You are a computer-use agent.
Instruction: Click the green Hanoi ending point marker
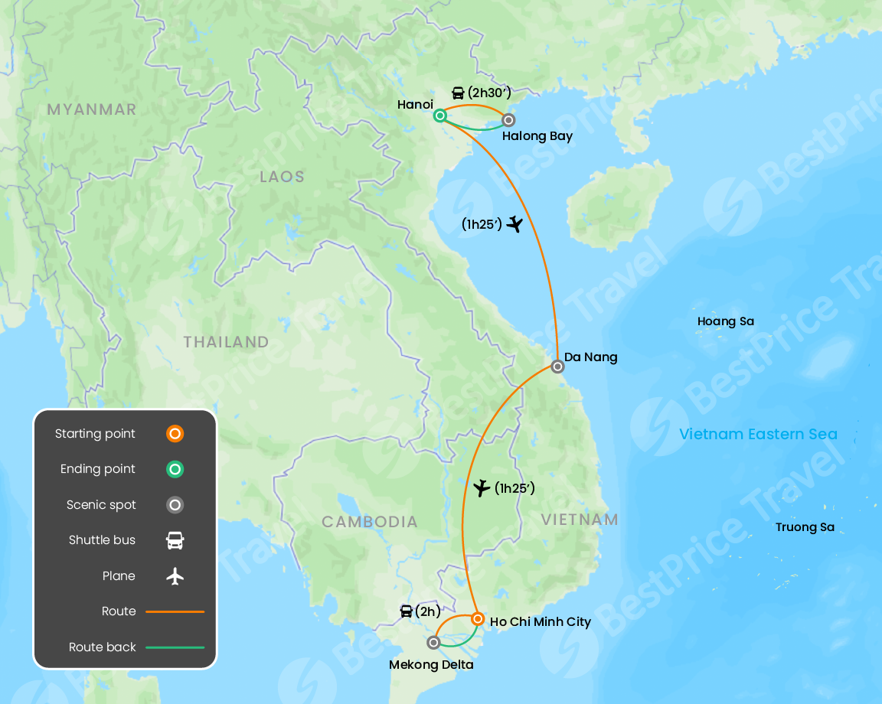coord(440,116)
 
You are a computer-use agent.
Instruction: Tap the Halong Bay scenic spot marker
coord(508,119)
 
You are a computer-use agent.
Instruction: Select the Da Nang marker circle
coord(557,367)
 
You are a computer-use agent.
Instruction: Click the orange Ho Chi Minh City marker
coord(477,618)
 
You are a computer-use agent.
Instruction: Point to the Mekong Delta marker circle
coord(433,643)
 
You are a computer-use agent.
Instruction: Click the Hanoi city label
coord(416,104)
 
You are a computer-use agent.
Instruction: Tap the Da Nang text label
coord(590,357)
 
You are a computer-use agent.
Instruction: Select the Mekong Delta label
coord(431,665)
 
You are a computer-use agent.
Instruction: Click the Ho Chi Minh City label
coord(541,621)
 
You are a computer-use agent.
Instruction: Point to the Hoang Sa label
coord(725,321)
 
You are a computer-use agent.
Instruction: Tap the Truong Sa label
coord(805,527)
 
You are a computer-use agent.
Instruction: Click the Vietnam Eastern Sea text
coord(758,434)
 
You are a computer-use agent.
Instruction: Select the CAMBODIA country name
coord(370,522)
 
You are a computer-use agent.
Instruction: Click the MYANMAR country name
coord(92,109)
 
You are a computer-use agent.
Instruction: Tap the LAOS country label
coord(282,177)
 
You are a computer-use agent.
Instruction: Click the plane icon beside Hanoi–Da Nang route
coord(514,223)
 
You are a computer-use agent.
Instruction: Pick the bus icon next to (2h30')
coord(458,93)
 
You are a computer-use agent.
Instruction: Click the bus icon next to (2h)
coord(407,611)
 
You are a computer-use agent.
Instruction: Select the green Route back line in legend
coord(175,647)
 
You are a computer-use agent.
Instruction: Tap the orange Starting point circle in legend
coord(175,434)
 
